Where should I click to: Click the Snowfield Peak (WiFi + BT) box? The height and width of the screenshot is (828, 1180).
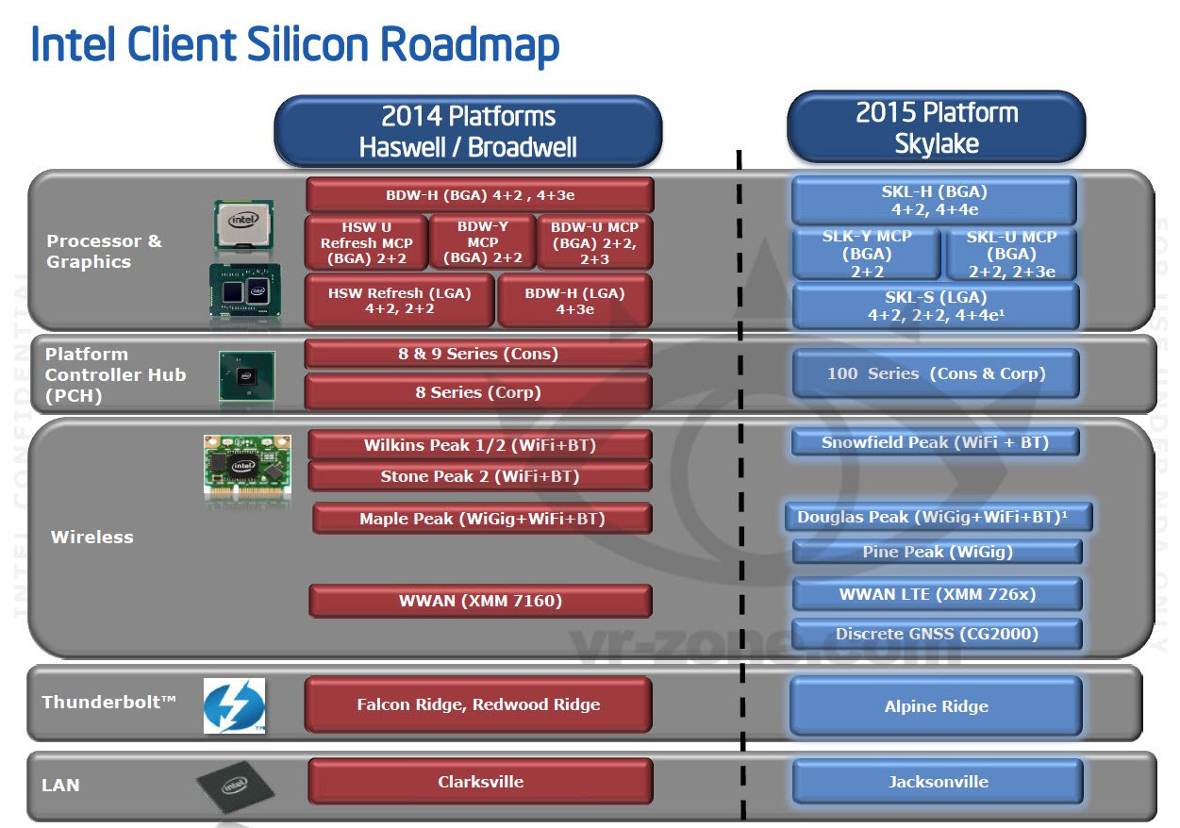pos(935,442)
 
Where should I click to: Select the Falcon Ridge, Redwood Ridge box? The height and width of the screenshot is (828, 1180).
pos(478,704)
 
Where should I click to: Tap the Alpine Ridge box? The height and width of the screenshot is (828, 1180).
pos(936,706)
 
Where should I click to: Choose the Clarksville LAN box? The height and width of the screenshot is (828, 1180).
pos(480,782)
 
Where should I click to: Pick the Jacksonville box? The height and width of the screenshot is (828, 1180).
pos(938,782)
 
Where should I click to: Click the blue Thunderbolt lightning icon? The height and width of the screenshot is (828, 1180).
pos(234,705)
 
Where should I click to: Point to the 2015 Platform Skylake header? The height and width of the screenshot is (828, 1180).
pos(937,127)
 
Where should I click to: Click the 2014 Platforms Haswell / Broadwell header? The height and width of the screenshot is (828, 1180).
pos(468,131)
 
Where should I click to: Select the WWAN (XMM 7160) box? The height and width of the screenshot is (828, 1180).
pos(480,601)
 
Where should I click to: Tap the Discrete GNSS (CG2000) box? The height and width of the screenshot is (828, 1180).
pos(937,634)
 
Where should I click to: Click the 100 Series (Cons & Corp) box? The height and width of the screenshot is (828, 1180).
pos(936,373)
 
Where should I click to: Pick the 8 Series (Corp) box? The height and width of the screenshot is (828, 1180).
pos(478,392)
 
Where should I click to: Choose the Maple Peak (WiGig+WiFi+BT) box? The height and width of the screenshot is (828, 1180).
pos(481,519)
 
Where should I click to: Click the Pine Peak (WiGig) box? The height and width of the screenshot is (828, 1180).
pos(937,552)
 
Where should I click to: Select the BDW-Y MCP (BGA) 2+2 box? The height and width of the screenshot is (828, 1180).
pos(482,242)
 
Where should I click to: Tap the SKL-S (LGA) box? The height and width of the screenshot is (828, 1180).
pos(936,306)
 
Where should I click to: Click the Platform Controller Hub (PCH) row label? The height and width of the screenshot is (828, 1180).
pos(115,374)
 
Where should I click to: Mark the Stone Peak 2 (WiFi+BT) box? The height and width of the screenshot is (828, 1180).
pos(479,476)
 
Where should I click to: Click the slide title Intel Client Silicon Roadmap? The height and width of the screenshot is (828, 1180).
pos(295,45)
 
